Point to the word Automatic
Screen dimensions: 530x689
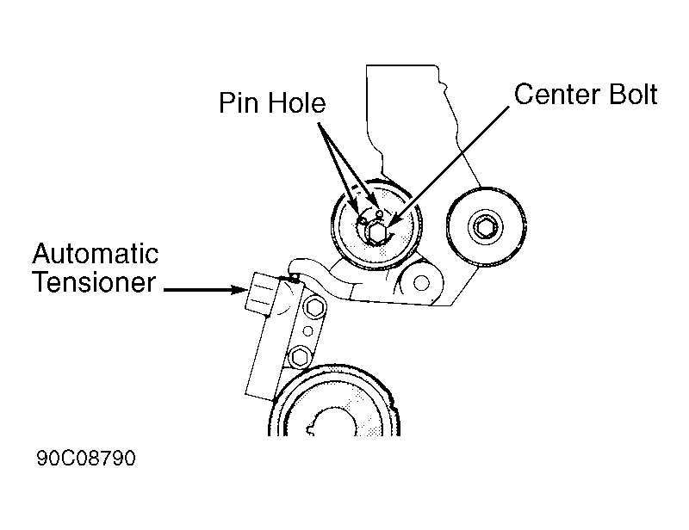(x=96, y=254)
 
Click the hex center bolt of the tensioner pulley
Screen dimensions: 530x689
(x=375, y=231)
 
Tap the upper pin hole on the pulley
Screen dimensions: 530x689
(x=379, y=212)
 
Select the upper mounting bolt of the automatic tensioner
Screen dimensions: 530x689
(x=313, y=309)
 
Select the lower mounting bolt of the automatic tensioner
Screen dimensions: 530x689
(x=299, y=354)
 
